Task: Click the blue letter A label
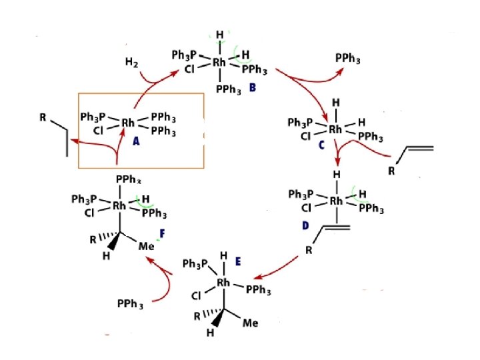point(136,141)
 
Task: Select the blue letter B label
point(251,87)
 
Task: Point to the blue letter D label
point(305,225)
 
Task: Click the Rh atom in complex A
point(128,123)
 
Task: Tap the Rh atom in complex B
point(220,62)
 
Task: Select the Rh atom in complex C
point(335,129)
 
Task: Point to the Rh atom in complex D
point(337,200)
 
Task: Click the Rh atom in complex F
point(119,206)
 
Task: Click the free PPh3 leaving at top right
point(348,60)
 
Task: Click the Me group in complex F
point(147,246)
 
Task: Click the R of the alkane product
point(43,119)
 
